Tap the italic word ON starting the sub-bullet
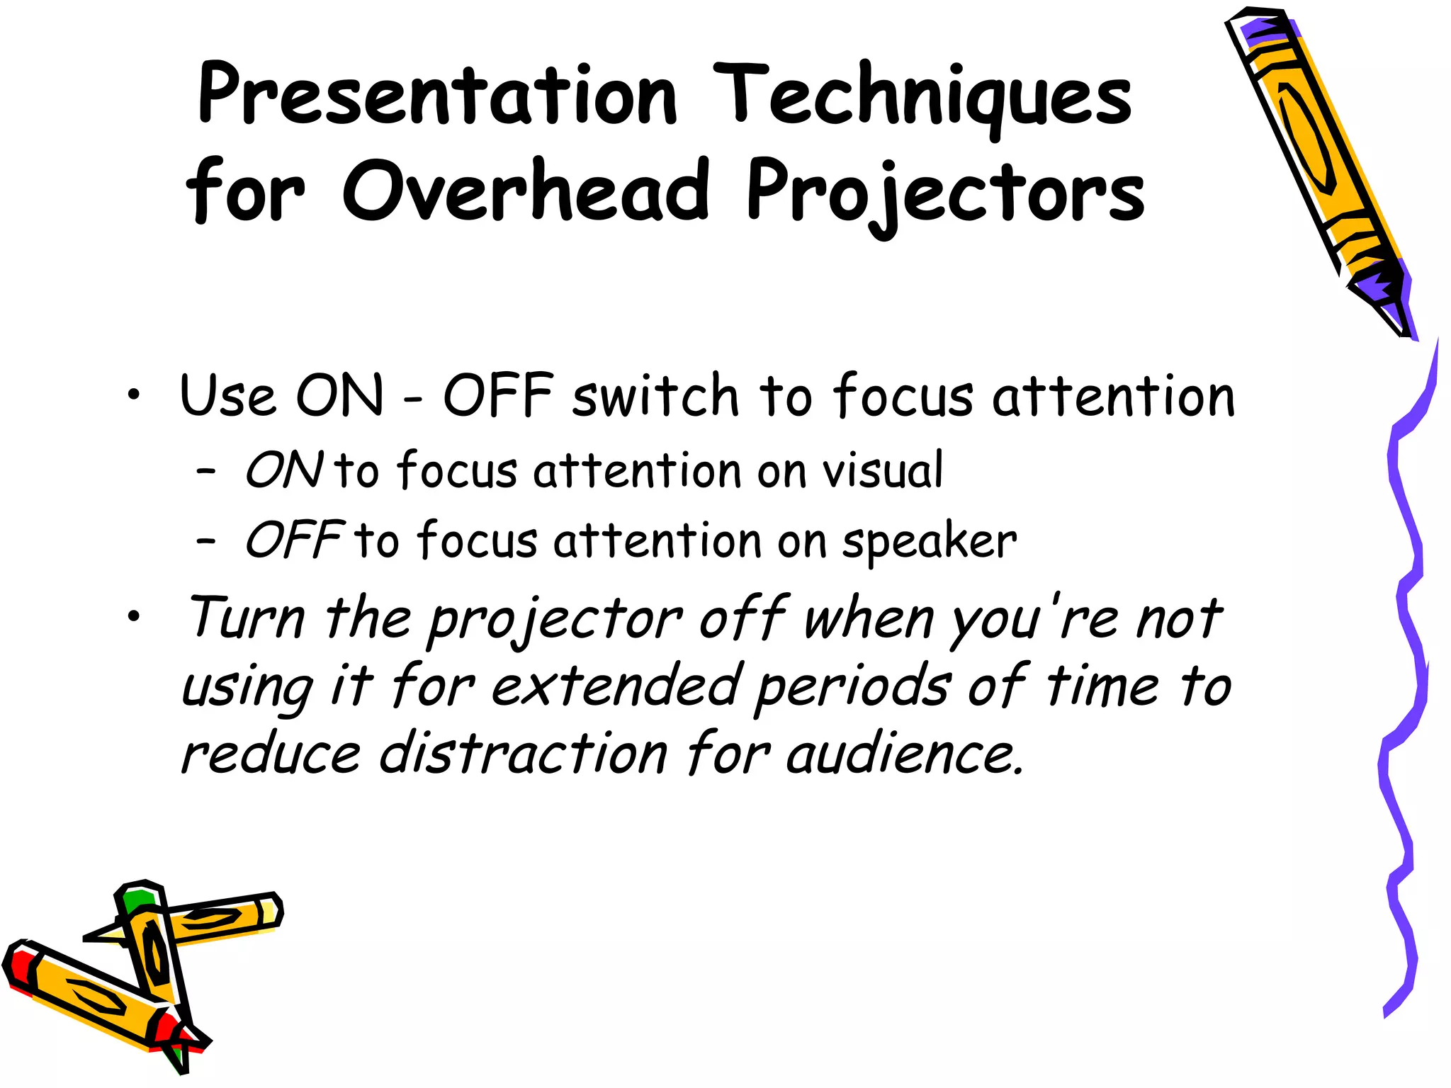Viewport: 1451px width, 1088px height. point(283,470)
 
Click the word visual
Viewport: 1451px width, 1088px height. point(882,470)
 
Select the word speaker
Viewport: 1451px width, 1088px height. point(929,542)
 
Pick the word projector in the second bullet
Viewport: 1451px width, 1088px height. point(555,618)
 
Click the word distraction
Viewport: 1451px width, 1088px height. point(524,752)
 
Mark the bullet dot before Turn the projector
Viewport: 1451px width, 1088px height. point(134,617)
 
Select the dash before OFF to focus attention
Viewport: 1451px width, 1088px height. point(206,541)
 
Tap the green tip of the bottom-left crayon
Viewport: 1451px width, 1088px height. point(139,900)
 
